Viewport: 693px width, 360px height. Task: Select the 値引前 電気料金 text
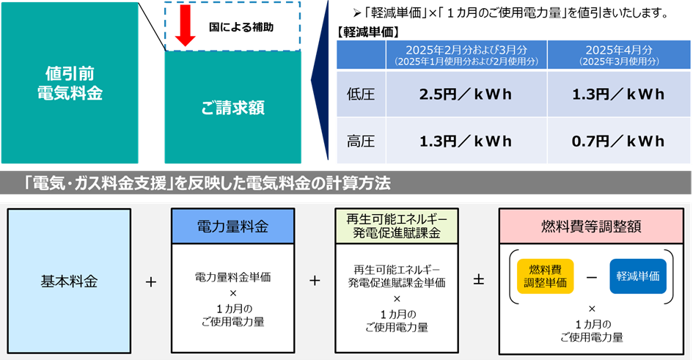tap(70, 83)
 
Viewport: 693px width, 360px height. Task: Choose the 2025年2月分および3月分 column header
tap(466, 54)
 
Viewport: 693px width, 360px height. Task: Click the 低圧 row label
tap(360, 95)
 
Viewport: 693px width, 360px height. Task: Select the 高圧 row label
tap(360, 142)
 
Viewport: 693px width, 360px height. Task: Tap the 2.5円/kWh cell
tap(466, 95)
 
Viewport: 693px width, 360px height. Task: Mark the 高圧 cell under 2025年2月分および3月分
tap(466, 142)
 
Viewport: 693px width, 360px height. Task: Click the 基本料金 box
tap(70, 281)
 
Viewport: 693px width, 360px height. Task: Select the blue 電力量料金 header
tap(232, 227)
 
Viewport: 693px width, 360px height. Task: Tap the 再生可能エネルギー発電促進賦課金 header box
tap(396, 227)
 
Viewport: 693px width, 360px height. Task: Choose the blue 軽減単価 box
tap(637, 276)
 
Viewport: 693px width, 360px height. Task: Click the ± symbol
tap(478, 281)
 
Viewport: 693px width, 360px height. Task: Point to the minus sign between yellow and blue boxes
tap(592, 276)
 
